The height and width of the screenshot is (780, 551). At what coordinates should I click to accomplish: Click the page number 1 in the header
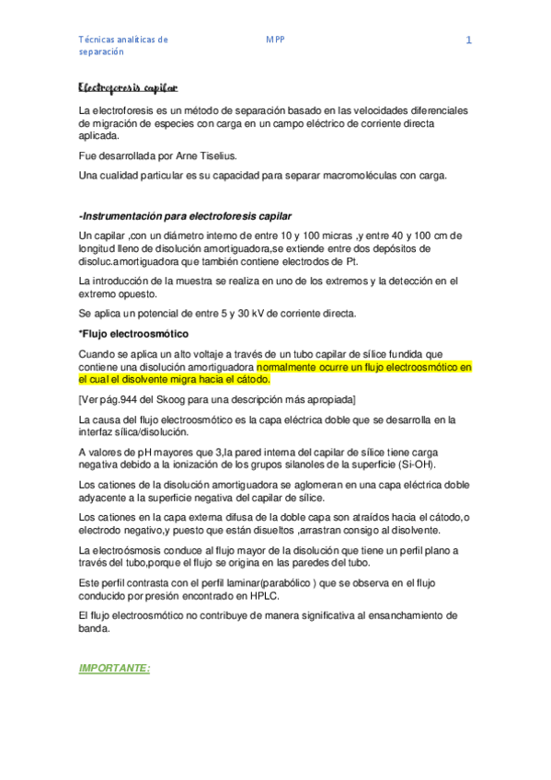469,40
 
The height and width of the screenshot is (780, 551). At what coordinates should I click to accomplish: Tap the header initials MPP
275,40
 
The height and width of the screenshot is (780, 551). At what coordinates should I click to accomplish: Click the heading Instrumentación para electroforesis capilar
188,215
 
